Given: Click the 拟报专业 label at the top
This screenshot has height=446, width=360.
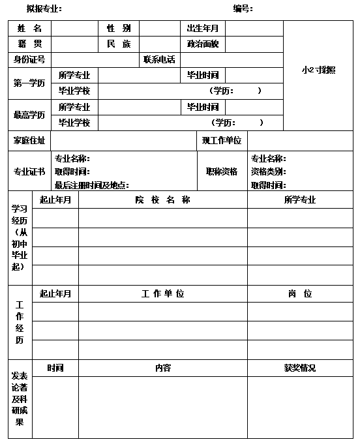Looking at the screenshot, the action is (44, 9).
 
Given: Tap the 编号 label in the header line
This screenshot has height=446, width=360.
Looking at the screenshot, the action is (243, 9).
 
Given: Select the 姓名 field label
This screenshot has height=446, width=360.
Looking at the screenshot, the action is (29, 29).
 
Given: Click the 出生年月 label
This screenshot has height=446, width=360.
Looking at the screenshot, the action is (202, 29).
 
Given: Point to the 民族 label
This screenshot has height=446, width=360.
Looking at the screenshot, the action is (119, 44).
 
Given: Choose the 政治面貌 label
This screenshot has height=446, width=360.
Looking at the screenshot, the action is (202, 44).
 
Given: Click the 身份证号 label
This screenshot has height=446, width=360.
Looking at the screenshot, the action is (29, 60).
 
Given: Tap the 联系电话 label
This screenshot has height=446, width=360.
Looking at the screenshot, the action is (159, 60).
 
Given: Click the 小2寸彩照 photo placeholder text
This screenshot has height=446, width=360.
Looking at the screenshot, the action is (318, 70).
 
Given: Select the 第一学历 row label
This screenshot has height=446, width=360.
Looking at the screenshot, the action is (29, 83).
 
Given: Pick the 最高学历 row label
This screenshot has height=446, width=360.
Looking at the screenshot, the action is (29, 115).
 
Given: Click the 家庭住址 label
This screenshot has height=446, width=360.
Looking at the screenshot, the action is (29, 141).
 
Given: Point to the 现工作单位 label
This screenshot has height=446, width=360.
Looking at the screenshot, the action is (222, 141).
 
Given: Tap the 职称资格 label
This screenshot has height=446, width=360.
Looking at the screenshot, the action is (222, 171).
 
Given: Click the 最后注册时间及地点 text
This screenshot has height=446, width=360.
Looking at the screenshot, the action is (91, 185).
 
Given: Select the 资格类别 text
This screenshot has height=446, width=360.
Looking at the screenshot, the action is (268, 172).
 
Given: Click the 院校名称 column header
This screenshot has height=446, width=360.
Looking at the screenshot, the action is (162, 200).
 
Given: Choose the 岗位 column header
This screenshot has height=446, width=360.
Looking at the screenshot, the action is (300, 294).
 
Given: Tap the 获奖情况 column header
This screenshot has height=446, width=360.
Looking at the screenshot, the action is (300, 368).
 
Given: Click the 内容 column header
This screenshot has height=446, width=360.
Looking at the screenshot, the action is (162, 368).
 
